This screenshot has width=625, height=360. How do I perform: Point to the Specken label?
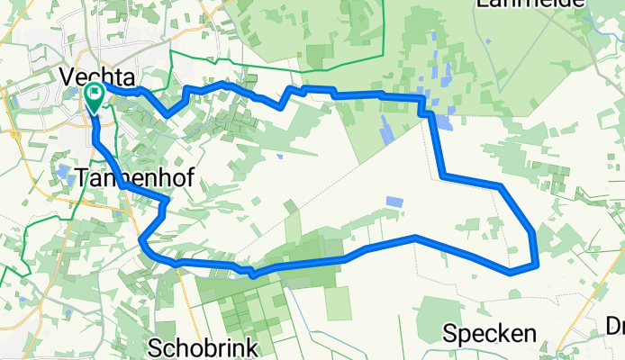tap(489, 334)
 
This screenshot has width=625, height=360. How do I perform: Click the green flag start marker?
tap(94, 95)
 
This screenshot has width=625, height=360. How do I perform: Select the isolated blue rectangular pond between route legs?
tap(394, 202)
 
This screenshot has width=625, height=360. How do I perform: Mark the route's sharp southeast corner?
tap(537, 265)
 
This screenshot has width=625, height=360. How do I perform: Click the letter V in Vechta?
tap(68, 77)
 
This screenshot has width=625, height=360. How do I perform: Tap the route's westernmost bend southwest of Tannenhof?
tap(142, 241)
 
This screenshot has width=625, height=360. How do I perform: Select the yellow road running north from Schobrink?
tap(186, 297)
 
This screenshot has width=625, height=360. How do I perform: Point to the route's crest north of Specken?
tap(414, 237)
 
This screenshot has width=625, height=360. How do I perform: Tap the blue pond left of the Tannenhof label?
tap(62, 171)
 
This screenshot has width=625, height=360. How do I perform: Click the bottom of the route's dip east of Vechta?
tap(166, 114)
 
